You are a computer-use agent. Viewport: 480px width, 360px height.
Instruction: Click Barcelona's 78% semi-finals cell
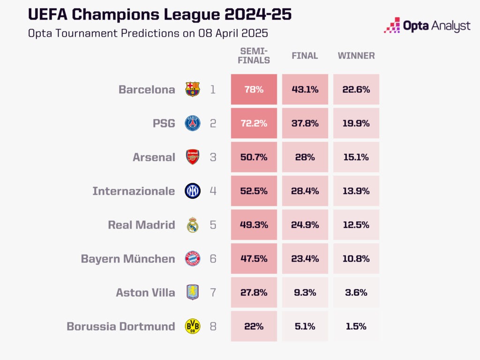254,90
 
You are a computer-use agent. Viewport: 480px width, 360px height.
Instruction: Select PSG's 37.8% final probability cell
305,123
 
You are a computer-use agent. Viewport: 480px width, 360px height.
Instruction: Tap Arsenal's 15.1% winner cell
356,157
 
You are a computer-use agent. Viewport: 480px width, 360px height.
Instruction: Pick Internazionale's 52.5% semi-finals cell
254,191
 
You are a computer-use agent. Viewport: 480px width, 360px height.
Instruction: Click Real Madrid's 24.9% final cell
305,225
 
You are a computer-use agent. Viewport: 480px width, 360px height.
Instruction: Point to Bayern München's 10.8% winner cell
356,258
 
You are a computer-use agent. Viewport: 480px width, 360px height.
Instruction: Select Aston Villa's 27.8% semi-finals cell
254,292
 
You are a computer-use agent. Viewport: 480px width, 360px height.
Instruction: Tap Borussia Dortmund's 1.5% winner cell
356,326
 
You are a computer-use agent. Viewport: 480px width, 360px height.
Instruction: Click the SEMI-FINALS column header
255,55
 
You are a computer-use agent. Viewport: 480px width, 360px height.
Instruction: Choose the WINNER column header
356,56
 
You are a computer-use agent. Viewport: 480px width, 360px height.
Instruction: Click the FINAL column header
305,56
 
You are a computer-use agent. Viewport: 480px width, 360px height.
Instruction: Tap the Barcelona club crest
193,89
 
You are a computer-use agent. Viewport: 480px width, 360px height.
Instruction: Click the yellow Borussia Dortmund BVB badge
193,326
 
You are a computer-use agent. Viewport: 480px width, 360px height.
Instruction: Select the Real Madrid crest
193,225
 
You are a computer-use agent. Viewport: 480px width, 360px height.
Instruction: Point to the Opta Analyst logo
427,25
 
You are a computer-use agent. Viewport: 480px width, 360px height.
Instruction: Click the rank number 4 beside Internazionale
213,191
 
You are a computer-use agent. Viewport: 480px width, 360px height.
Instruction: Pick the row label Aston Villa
145,292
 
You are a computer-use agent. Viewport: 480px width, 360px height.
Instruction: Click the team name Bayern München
127,259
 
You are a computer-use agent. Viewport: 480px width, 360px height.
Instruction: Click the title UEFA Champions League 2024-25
160,15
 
